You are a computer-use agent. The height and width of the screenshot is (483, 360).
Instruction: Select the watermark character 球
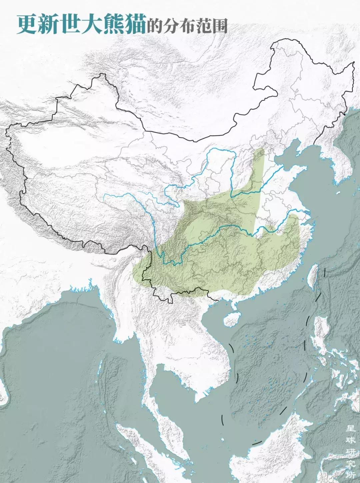click(x=350, y=440)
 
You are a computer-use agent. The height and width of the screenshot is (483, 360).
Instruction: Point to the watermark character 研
click(x=350, y=452)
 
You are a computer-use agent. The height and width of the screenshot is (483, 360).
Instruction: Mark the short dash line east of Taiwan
click(x=325, y=272)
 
